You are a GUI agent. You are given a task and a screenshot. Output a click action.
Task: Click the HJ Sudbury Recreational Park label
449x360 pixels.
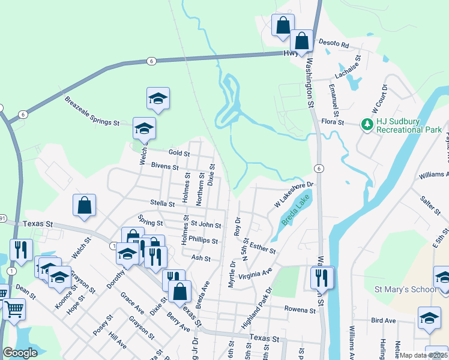[x=409, y=125]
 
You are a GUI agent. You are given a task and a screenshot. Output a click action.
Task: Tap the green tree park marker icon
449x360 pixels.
[x=366, y=125]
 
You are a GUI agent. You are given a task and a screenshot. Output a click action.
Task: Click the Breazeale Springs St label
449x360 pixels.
[x=92, y=112]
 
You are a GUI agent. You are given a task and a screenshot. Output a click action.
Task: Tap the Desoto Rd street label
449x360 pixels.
[x=334, y=44]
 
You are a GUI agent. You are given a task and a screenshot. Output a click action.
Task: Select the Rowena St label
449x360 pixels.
[x=301, y=310]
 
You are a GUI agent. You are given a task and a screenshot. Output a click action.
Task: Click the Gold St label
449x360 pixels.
[x=179, y=154]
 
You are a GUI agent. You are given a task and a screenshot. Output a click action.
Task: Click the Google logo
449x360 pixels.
[x=20, y=353]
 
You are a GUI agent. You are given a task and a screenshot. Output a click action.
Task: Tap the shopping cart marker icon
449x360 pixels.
[x=14, y=310]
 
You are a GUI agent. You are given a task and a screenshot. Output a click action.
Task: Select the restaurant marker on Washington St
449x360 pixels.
[x=322, y=277]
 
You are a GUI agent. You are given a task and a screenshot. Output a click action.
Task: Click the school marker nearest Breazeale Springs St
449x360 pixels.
[x=143, y=128]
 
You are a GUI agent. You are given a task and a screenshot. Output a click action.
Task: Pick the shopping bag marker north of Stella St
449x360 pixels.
[x=85, y=205]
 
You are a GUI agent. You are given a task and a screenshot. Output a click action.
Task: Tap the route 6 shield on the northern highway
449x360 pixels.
[x=150, y=61]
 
